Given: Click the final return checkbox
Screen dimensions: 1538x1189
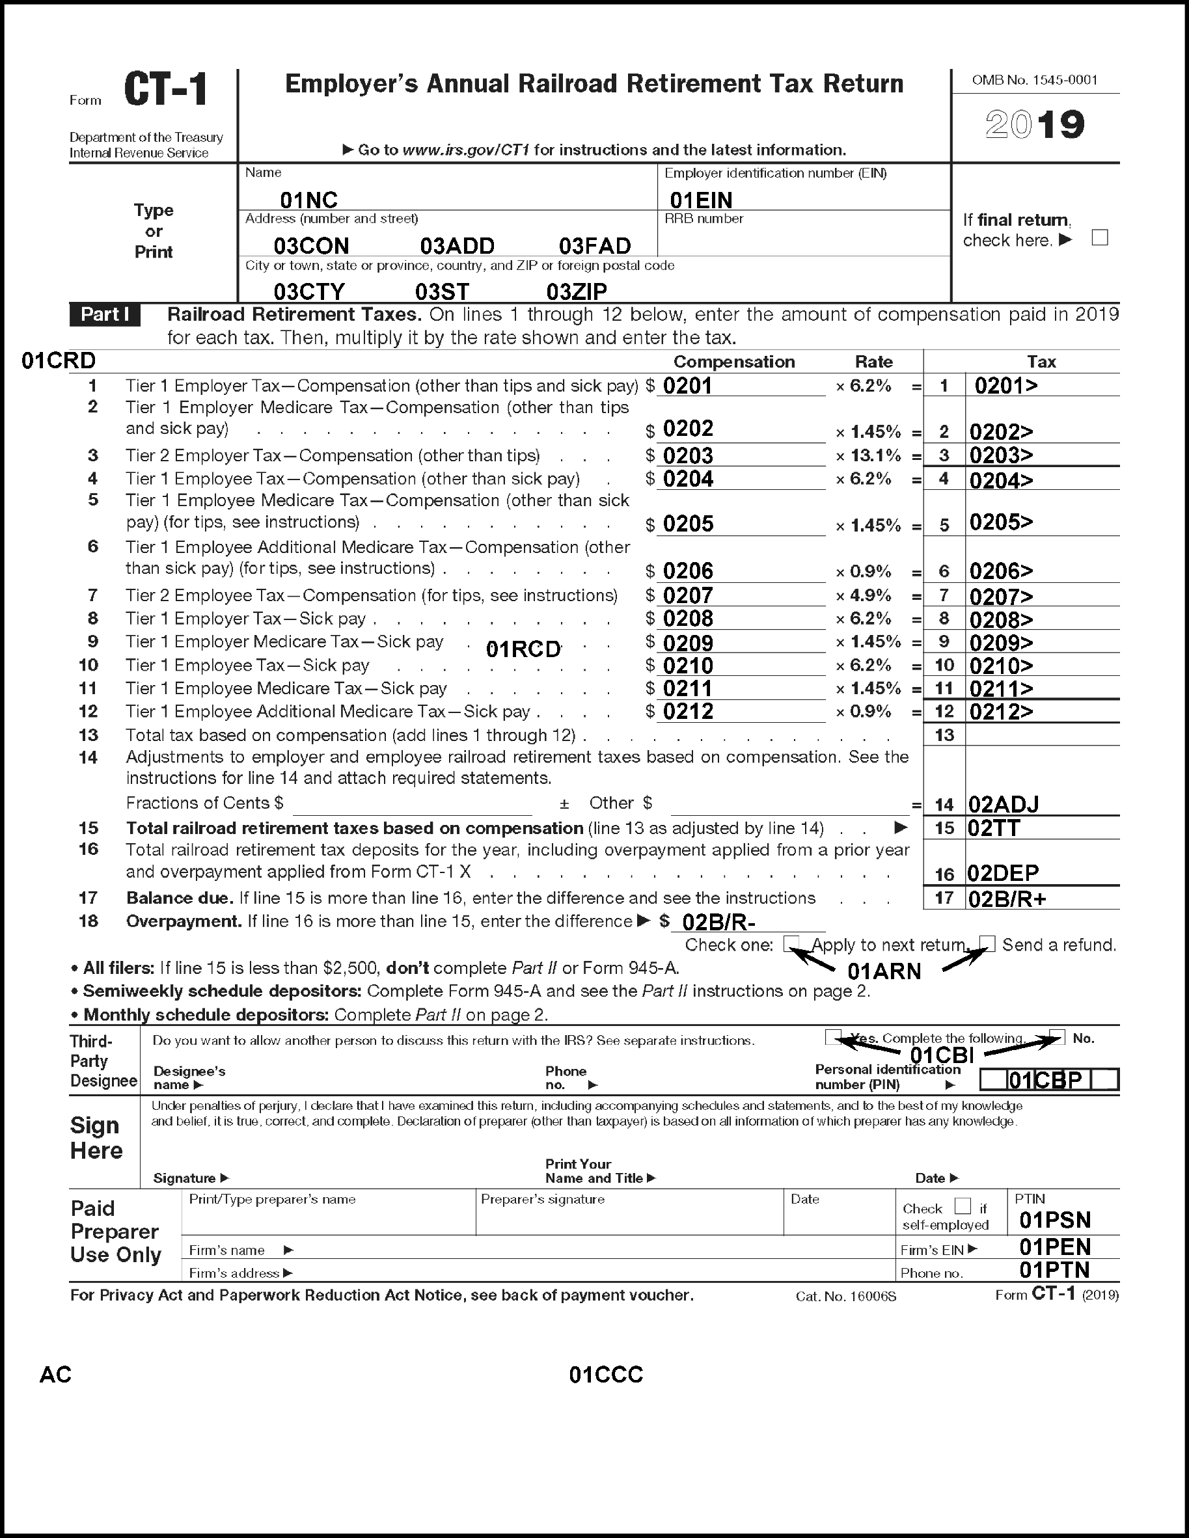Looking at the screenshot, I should click(x=1100, y=238).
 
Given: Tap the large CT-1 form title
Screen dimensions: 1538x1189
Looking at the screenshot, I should click(x=165, y=90).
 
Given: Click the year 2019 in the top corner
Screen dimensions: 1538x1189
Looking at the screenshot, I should click(x=1034, y=125).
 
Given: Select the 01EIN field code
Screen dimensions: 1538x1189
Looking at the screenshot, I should click(x=700, y=200).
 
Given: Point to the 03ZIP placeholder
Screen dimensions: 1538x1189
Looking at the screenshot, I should click(x=576, y=291).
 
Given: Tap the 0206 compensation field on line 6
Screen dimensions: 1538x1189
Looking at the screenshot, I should click(x=688, y=571).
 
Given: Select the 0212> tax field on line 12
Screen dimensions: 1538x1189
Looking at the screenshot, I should click(x=1001, y=712).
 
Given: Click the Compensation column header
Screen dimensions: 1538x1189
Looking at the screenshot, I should click(x=734, y=362).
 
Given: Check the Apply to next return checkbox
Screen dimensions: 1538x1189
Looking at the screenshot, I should click(x=792, y=943).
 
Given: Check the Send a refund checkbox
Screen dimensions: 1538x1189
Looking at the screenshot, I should click(x=987, y=943).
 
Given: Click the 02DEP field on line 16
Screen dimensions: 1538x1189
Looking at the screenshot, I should click(x=1002, y=873).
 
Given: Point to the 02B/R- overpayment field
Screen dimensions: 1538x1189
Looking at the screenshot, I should click(x=718, y=922).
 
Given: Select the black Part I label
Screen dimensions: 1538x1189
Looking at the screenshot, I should click(x=105, y=315).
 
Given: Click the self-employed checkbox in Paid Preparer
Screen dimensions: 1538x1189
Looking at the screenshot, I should click(x=963, y=1206).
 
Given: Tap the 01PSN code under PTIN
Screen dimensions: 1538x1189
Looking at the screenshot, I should click(x=1054, y=1221).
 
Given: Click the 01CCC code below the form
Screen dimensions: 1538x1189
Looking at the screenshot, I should click(x=606, y=1375).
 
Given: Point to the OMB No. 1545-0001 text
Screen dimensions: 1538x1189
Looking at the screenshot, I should click(x=1034, y=80).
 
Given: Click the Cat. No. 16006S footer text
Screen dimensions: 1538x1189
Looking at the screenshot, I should click(x=845, y=1297).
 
